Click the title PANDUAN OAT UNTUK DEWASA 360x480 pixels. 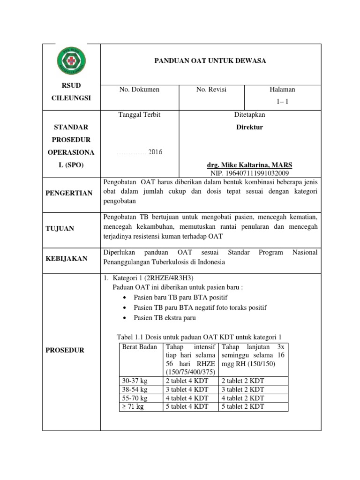[x=210, y=61]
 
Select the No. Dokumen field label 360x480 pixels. [x=139, y=90]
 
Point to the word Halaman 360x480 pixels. [x=282, y=90]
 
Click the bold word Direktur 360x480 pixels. [x=249, y=127]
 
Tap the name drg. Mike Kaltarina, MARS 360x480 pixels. [x=249, y=165]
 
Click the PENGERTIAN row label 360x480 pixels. [x=72, y=193]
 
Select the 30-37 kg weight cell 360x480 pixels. [x=135, y=381]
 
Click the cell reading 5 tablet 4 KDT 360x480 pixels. [x=186, y=406]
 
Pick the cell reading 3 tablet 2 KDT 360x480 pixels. [x=243, y=390]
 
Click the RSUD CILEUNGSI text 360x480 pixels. [x=71, y=92]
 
